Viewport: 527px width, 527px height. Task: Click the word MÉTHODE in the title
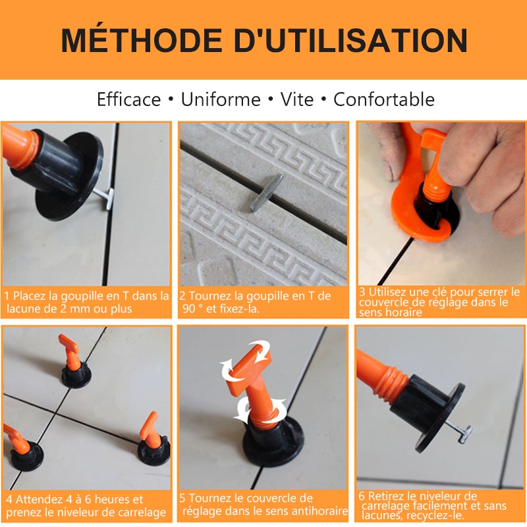pos(141,41)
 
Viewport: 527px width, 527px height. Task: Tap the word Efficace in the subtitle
pos(128,99)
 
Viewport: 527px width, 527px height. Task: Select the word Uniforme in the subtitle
pos(221,99)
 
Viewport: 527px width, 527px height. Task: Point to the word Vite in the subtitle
pos(297,99)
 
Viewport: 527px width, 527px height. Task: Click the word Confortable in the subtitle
pos(383,99)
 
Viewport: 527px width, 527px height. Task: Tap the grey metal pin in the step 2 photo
pos(266,192)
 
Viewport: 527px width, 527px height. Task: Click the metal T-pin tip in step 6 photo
pos(464,433)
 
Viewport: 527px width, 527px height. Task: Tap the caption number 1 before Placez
pos(7,296)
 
